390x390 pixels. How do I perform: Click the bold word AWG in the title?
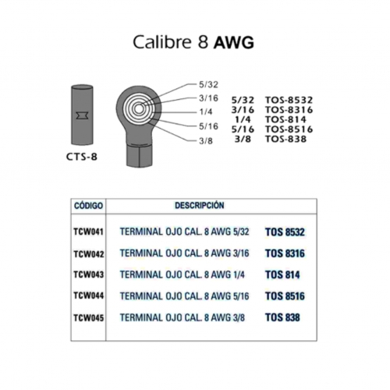233,42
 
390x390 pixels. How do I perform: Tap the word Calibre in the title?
163,41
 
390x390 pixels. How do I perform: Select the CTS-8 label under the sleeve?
82,157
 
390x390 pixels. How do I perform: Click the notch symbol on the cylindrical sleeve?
82,115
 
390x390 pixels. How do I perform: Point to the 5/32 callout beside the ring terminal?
208,84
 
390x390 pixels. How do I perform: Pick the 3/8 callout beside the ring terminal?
206,141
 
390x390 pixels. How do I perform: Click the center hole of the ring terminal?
139,109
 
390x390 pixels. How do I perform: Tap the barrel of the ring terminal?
139,155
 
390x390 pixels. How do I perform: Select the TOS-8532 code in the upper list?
289,100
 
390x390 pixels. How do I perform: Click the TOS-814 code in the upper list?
285,119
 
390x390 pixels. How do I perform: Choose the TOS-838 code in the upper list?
285,139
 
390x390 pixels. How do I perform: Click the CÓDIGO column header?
88,206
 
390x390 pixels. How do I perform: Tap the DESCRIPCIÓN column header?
200,205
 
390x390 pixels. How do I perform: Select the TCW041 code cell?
89,232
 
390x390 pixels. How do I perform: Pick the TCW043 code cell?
89,275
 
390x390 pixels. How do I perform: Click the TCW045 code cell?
89,317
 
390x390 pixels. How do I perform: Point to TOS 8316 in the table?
285,253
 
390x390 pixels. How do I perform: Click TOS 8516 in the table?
285,296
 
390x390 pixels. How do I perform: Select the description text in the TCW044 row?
184,296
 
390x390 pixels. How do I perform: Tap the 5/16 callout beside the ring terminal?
208,126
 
